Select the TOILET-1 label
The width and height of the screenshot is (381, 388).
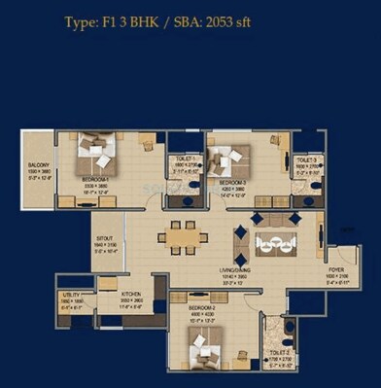pyautogui.click(x=185, y=158)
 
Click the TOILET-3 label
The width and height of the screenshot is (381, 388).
pyautogui.click(x=308, y=158)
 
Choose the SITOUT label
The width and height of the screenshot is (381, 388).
pyautogui.click(x=104, y=236)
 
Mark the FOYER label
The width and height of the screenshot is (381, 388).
pyautogui.click(x=335, y=270)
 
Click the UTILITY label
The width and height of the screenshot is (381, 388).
pyautogui.click(x=71, y=294)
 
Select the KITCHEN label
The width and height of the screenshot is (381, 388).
pyautogui.click(x=130, y=294)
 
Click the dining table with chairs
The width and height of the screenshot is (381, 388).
pyautogui.click(x=180, y=234)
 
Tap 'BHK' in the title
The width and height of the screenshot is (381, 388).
pyautogui.click(x=152, y=20)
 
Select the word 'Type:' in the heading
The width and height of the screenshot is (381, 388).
pyautogui.click(x=85, y=20)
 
